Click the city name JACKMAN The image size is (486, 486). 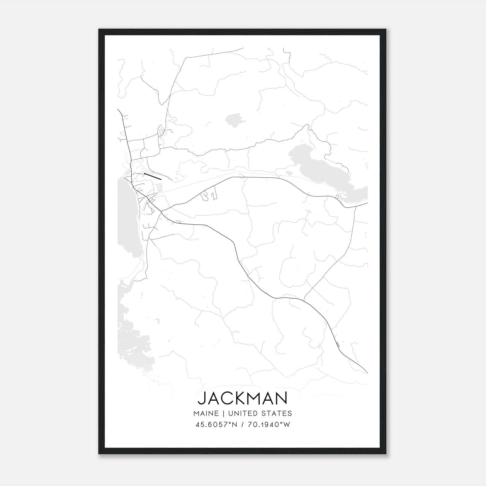pyautogui.click(x=242, y=399)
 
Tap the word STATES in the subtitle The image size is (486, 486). pyautogui.click(x=277, y=413)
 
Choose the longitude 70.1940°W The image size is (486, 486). pyautogui.click(x=269, y=425)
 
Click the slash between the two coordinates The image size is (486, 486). pyautogui.click(x=242, y=425)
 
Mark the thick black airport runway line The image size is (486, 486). pyautogui.click(x=152, y=176)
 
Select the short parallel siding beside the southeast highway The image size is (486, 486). pyautogui.click(x=338, y=344)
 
